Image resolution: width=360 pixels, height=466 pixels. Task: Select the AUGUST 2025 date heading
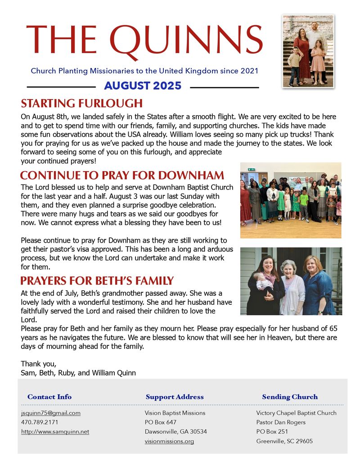pos(143,86)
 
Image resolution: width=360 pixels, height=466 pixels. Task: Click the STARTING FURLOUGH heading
pos(81,103)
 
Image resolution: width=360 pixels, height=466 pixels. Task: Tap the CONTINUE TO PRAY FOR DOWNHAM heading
pos(122,176)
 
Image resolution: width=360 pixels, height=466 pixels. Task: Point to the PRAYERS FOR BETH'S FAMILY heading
pos(97,281)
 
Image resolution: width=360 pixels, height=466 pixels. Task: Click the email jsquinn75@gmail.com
pos(51,413)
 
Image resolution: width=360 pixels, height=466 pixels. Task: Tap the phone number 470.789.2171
pos(40,422)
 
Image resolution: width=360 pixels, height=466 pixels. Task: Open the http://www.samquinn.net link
pos(55,432)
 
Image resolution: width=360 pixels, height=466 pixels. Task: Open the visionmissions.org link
pos(169,441)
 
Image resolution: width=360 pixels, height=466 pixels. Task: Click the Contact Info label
pos(49,397)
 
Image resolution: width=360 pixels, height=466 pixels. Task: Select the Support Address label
pos(175,397)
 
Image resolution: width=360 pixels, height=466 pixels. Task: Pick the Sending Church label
pos(290,397)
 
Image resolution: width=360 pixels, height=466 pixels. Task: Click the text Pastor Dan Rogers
pos(281,422)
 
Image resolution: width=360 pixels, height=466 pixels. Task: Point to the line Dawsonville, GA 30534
pos(176,432)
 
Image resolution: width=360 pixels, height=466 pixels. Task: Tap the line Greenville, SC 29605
pos(284,441)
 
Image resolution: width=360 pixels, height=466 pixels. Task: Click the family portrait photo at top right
pos(308,50)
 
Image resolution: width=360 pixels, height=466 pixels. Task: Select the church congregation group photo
pos(291,200)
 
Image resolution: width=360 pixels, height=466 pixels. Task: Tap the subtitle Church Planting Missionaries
pos(144,71)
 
